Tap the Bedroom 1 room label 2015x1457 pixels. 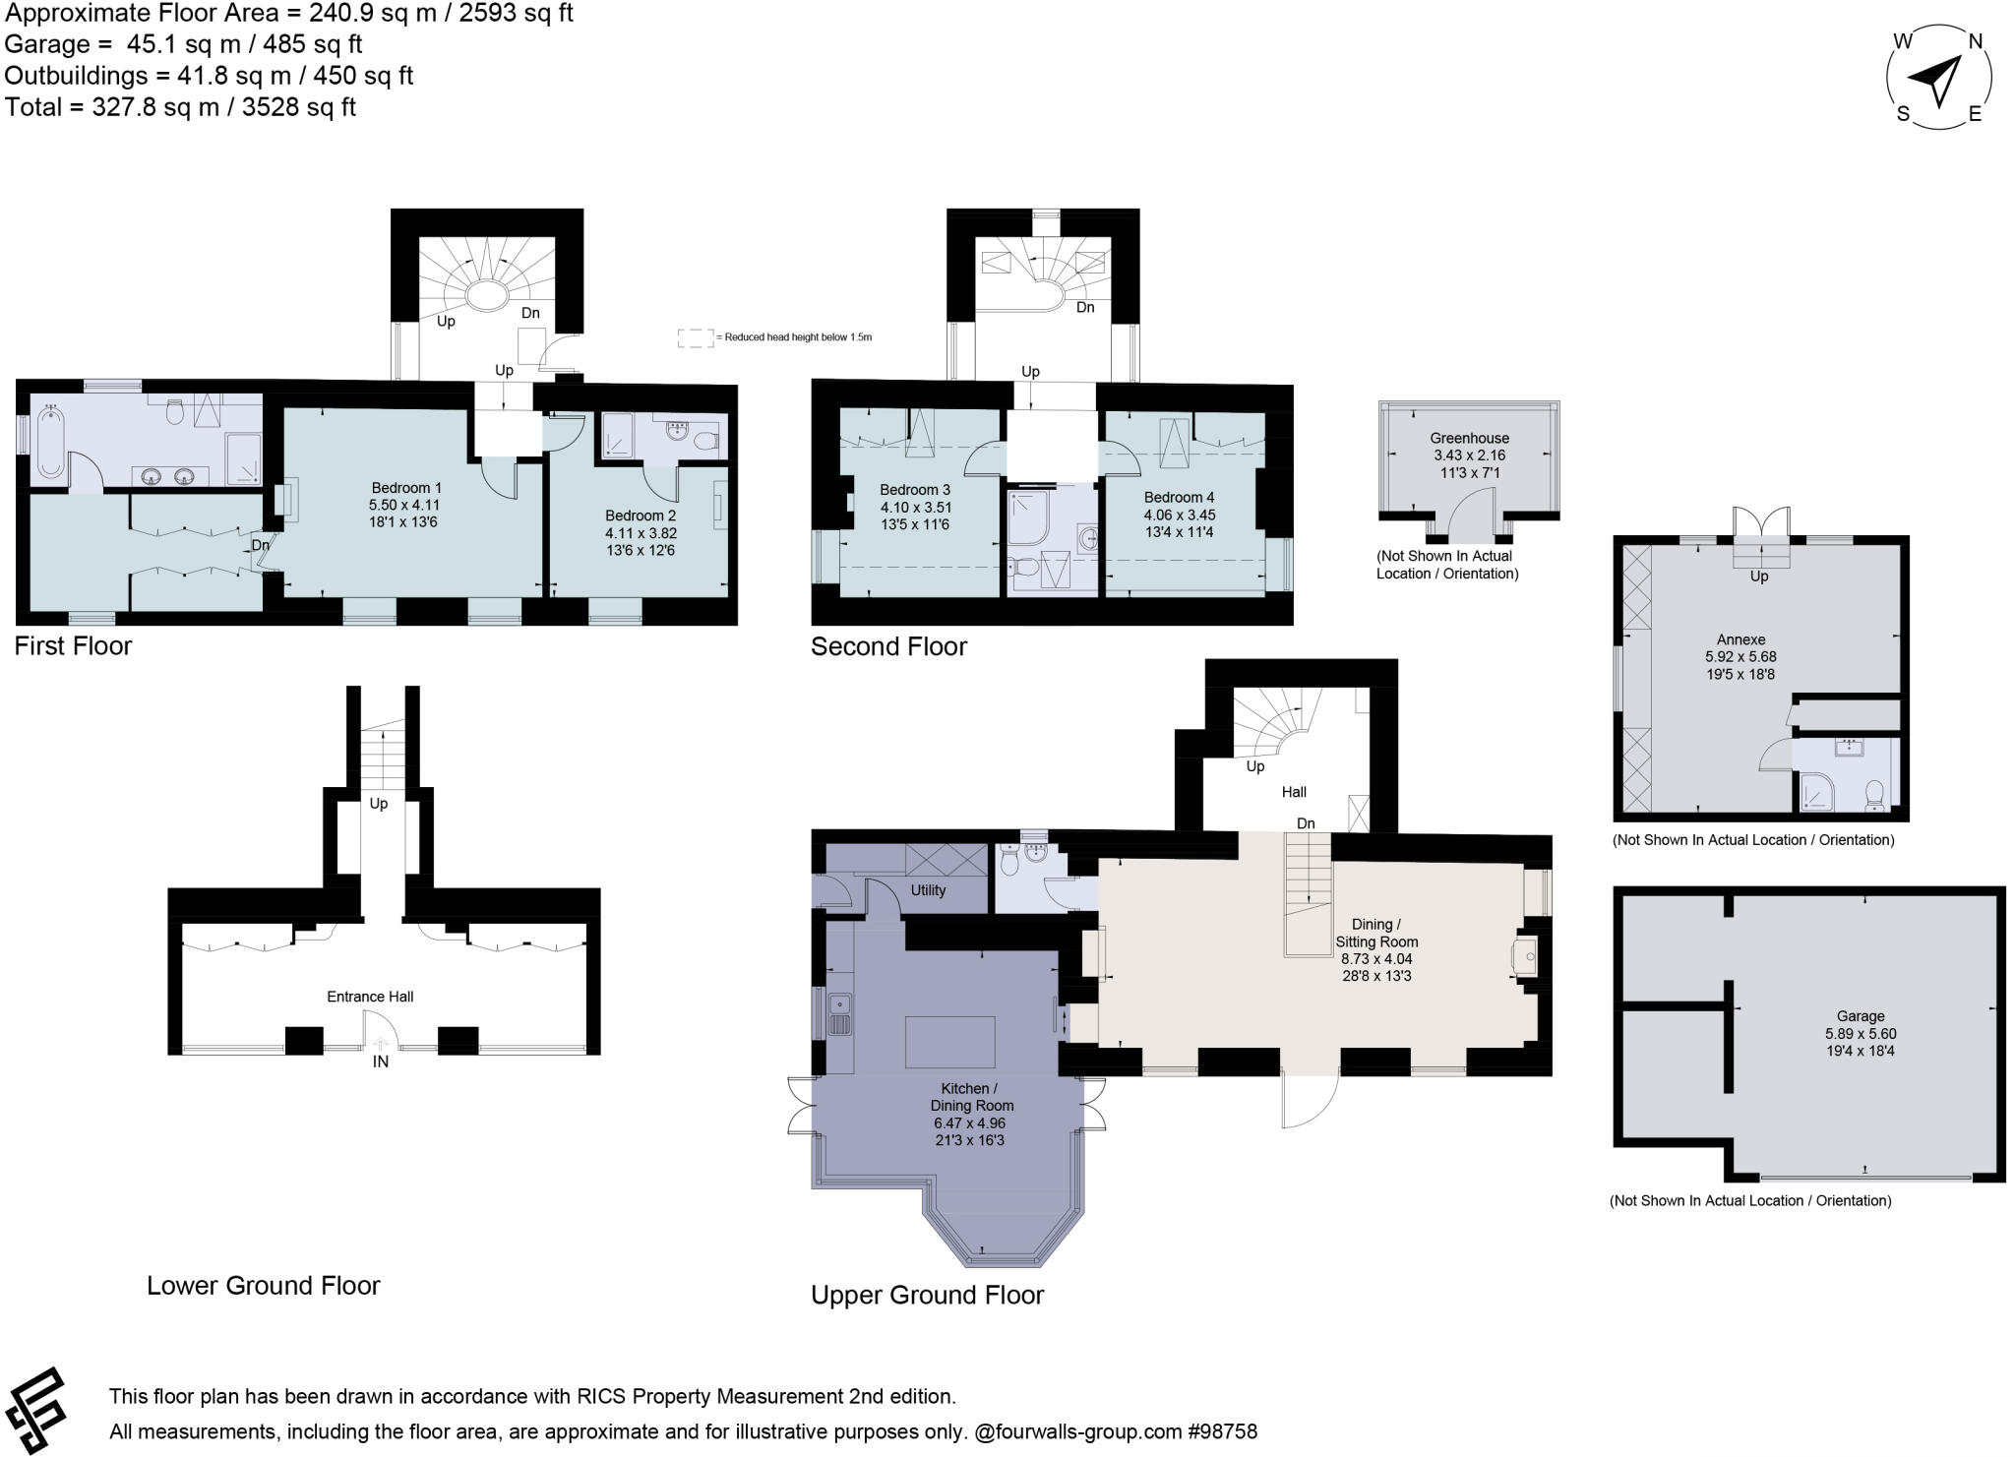pyautogui.click(x=405, y=488)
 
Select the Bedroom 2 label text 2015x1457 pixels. pyautogui.click(x=641, y=516)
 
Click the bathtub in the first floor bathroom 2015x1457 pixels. pyautogui.click(x=50, y=445)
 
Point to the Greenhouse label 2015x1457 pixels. pyautogui.click(x=1469, y=438)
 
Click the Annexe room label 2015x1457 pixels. pyautogui.click(x=1740, y=638)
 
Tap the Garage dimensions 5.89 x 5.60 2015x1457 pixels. pyautogui.click(x=1860, y=1034)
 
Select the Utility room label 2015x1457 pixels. pyautogui.click(x=928, y=890)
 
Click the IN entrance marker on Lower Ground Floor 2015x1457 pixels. pyautogui.click(x=380, y=1062)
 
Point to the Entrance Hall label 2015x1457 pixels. pyautogui.click(x=370, y=997)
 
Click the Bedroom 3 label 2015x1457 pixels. pyautogui.click(x=914, y=490)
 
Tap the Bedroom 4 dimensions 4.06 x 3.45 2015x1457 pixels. pyautogui.click(x=1179, y=515)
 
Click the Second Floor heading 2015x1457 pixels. pyautogui.click(x=888, y=646)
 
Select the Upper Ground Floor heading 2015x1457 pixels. pyautogui.click(x=927, y=1295)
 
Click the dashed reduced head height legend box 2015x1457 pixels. pyautogui.click(x=695, y=337)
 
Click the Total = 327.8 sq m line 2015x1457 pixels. pyautogui.click(x=180, y=107)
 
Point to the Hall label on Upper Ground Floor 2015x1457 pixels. pyautogui.click(x=1294, y=792)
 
